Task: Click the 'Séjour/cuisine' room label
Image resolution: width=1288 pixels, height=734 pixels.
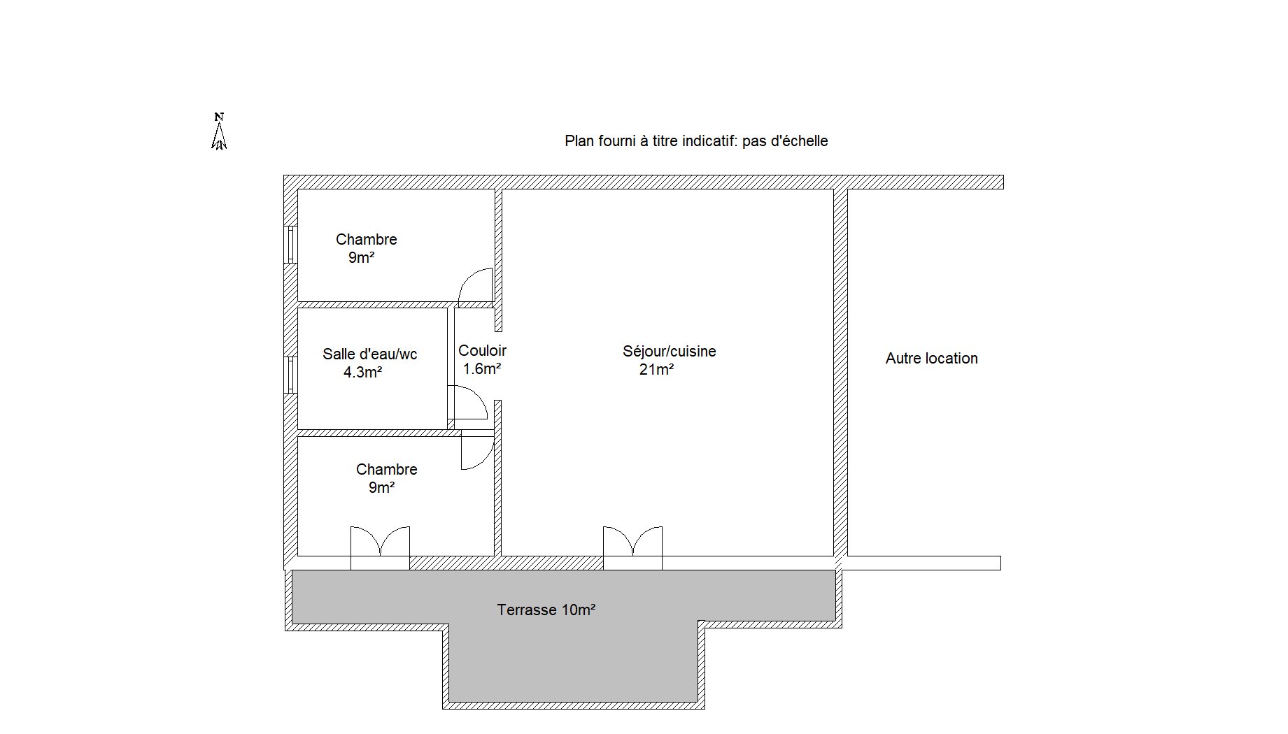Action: [x=670, y=351]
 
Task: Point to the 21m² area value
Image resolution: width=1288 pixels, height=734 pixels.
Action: [x=656, y=370]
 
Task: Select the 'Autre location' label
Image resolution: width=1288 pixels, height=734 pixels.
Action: [x=932, y=359]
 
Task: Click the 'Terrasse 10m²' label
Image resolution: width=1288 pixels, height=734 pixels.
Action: [x=546, y=610]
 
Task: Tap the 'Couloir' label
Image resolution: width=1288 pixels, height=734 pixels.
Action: [x=482, y=351]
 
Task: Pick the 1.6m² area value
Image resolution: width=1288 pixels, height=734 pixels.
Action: [x=482, y=369]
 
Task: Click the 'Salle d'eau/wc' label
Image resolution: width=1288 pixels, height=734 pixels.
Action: [x=369, y=354]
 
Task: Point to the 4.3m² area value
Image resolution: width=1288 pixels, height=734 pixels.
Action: [x=362, y=373]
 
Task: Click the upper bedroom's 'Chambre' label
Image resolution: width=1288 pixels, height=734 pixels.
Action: [x=367, y=240]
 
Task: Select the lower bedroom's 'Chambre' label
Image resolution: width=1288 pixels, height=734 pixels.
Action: [x=387, y=470]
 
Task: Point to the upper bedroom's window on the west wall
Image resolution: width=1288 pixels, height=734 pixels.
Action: [x=290, y=244]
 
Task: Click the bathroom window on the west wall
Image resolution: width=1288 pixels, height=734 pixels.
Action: [x=290, y=375]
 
